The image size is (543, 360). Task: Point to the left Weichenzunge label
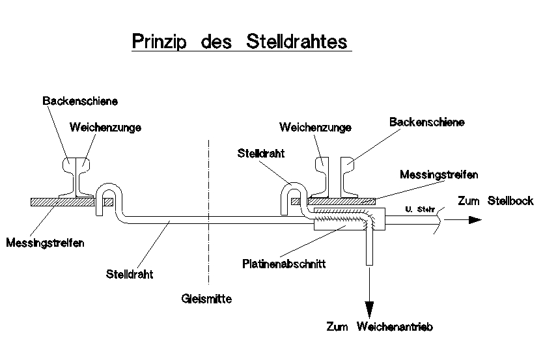click(x=105, y=128)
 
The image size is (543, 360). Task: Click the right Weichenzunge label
click(x=315, y=128)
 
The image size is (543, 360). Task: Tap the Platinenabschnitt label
click(x=283, y=264)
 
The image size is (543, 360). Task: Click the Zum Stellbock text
click(x=495, y=201)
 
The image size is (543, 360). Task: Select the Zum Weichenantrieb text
click(x=380, y=326)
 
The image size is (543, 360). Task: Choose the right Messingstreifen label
click(x=439, y=175)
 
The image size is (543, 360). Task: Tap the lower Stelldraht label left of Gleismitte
click(x=130, y=274)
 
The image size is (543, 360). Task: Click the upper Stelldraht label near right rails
click(x=262, y=154)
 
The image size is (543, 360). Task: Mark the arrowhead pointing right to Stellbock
click(x=474, y=219)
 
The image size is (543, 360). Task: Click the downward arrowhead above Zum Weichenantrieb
click(x=370, y=310)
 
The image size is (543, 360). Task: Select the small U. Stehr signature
click(x=417, y=208)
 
